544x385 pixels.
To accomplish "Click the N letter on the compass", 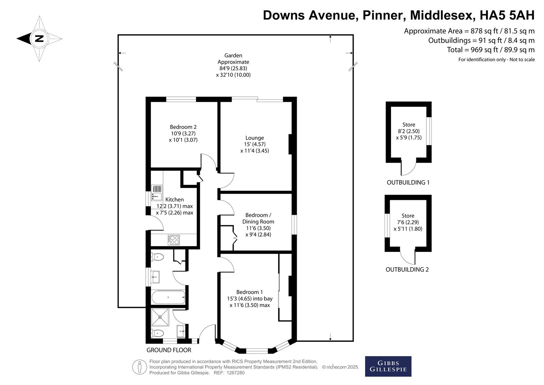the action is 39,39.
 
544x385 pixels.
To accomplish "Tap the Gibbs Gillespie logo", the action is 388,366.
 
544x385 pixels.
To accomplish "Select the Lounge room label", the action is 255,138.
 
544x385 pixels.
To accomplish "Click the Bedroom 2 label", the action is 183,127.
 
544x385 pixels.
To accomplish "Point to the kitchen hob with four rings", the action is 174,240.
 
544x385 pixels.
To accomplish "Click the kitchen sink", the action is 157,193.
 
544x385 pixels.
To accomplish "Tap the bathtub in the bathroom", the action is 168,297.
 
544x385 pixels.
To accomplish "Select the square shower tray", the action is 160,317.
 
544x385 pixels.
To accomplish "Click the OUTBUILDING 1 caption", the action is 408,182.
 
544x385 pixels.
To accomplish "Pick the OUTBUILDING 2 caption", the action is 407,270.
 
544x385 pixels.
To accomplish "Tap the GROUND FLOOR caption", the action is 169,350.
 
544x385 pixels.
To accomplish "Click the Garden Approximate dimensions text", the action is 233,65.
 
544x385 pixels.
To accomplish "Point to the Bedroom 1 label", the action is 250,292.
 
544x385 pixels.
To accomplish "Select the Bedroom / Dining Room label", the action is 258,219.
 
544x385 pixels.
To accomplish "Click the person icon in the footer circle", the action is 139,367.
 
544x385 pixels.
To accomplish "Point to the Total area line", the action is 491,50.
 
